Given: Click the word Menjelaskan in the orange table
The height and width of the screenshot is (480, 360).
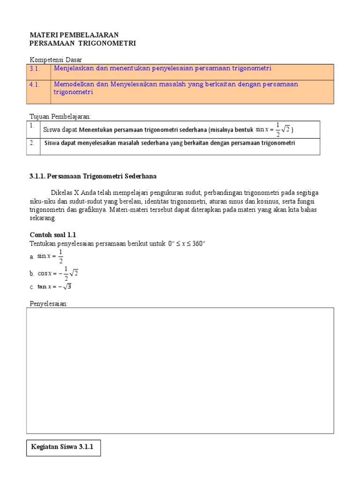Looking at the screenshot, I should pyautogui.click(x=74, y=68).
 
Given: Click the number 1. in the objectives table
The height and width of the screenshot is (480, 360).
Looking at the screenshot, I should pyautogui.click(x=31, y=126).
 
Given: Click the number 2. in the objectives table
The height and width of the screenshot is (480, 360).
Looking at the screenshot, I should pyautogui.click(x=31, y=143).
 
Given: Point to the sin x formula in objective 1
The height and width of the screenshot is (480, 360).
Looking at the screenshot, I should pyautogui.click(x=272, y=130).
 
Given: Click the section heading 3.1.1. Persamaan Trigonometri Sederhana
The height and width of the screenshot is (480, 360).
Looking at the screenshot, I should pyautogui.click(x=93, y=176).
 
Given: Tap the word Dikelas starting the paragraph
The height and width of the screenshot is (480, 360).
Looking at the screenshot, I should pyautogui.click(x=61, y=193).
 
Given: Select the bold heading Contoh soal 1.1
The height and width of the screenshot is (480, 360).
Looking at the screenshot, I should pyautogui.click(x=53, y=234).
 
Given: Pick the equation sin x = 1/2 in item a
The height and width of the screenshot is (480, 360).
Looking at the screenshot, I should pyautogui.click(x=50, y=256).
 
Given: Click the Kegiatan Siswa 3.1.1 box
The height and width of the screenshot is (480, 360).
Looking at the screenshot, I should pyautogui.click(x=62, y=447).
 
